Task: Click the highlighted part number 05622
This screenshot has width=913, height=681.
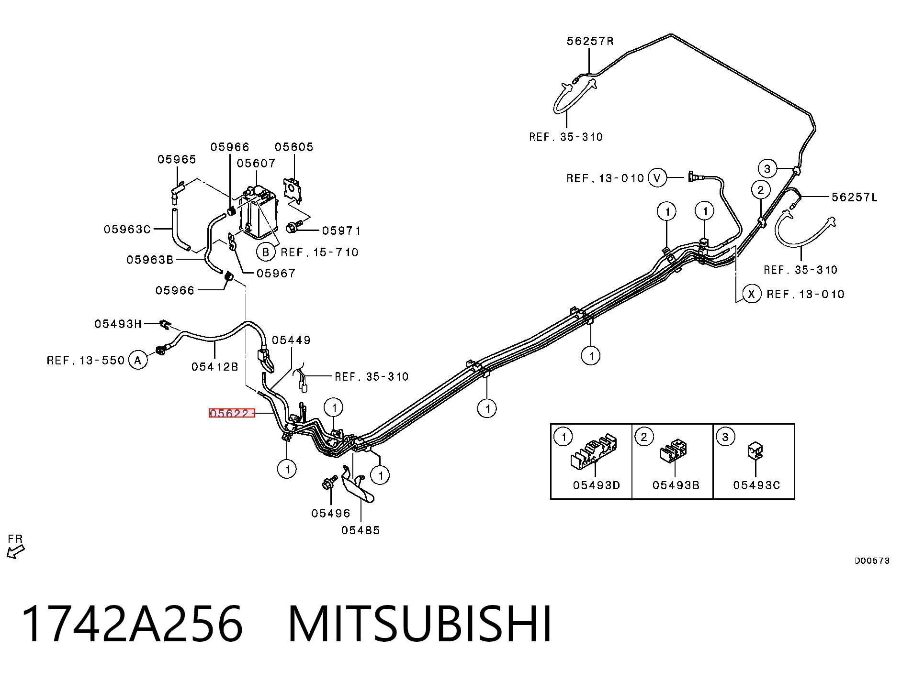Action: (231, 413)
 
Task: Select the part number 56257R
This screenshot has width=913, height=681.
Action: (590, 41)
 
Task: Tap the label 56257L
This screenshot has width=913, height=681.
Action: (855, 197)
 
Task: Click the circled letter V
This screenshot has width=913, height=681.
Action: (657, 178)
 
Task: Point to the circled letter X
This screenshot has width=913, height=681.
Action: (751, 294)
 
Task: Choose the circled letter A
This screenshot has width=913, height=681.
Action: (138, 360)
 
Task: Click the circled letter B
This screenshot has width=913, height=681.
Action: (266, 252)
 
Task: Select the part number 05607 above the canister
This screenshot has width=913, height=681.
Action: (256, 163)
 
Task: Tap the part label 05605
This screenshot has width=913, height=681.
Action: (294, 147)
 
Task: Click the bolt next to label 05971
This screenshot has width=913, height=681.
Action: (293, 226)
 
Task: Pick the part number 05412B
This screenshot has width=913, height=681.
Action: (214, 367)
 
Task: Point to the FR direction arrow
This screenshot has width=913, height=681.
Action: (16, 552)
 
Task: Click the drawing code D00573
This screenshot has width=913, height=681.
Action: (872, 560)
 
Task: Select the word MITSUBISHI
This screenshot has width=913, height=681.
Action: (420, 624)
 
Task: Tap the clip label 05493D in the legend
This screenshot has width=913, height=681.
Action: (596, 485)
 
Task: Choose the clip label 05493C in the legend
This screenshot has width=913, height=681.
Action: (756, 485)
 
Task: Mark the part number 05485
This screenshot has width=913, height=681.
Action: (361, 530)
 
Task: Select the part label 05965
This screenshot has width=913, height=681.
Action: (177, 159)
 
